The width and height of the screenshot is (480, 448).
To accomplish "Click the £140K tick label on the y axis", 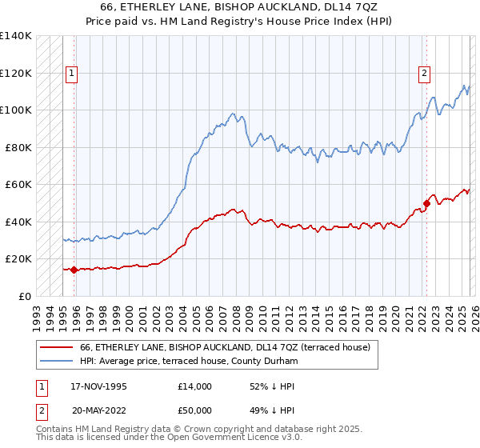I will coord(16,36).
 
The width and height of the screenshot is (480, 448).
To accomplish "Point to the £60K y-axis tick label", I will coord(18,185).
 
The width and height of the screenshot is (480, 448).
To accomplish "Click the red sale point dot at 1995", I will coord(74,270).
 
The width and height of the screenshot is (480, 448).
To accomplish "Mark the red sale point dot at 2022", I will coord(426,203).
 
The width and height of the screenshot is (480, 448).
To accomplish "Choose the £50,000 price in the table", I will coord(195,409).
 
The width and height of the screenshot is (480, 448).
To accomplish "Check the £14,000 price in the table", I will coord(195,386).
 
